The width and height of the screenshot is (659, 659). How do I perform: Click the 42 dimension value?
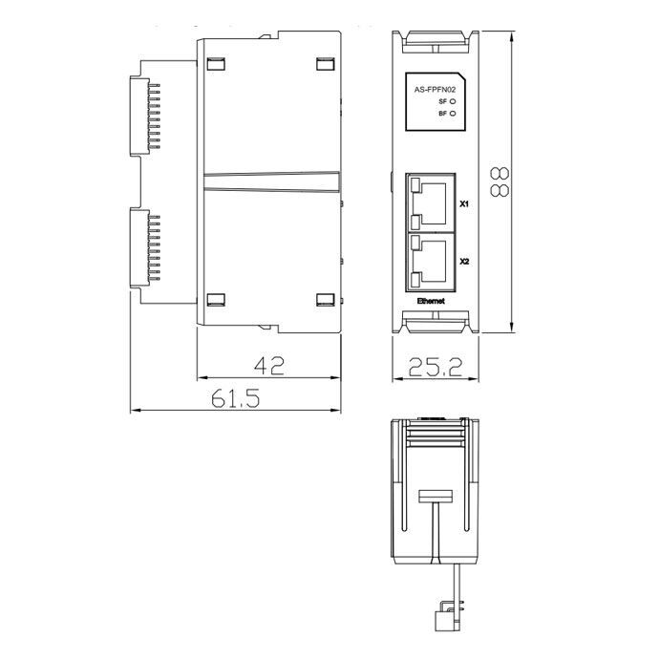pos(269,366)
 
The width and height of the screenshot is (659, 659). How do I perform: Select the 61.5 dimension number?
pos(236,398)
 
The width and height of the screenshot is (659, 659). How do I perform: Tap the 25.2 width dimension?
pos(436,367)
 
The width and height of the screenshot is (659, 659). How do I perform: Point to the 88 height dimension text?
pos(500,181)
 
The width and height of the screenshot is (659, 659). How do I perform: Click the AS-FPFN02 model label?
pos(435,90)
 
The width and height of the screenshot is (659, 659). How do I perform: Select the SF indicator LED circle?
pos(453,101)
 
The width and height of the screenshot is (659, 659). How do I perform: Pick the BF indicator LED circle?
pos(453,113)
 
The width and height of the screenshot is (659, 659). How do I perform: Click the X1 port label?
pos(464,204)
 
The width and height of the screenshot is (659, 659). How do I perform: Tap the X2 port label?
pos(464,262)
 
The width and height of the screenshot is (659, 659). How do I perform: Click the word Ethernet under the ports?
pos(431,301)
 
